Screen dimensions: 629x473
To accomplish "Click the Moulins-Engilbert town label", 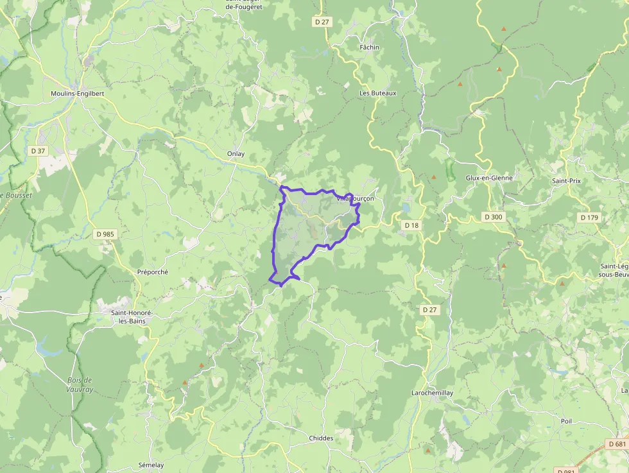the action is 77,93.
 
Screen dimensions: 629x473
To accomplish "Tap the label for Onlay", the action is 236,154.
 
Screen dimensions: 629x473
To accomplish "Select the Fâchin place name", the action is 369,47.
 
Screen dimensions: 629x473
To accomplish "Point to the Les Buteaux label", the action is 378,93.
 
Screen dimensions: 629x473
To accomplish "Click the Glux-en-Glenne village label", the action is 490,178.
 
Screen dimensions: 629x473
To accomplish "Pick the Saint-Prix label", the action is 566,181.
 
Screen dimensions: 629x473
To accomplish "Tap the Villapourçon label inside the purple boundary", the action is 355,199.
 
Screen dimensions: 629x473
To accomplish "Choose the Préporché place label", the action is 153,272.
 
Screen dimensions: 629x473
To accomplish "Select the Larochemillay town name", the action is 432,393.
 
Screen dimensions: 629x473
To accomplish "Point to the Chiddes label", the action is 321,438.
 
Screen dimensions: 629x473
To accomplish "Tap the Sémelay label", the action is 151,465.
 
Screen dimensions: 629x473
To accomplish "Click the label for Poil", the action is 566,421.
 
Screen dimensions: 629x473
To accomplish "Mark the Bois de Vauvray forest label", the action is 80,384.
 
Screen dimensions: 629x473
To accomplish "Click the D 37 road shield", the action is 38,151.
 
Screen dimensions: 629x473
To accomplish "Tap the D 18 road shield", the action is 411,225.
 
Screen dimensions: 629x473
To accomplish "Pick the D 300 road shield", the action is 493,217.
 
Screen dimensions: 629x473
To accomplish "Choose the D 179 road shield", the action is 589,218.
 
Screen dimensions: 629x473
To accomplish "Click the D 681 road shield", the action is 616,444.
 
